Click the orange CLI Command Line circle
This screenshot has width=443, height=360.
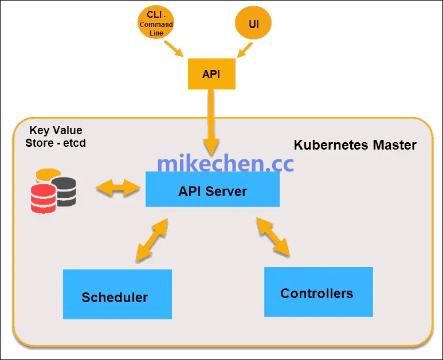pos(156,25)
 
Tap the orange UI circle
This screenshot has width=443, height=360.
pos(253,25)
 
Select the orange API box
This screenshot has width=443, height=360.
pos(211,74)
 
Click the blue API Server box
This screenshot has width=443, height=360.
pos(213,190)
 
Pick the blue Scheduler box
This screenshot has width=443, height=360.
pos(117,294)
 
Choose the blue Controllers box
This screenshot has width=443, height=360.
pos(318,292)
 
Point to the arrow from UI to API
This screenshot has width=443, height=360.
pos(244,50)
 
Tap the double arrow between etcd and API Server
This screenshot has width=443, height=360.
pos(119,187)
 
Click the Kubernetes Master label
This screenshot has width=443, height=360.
pos(355,145)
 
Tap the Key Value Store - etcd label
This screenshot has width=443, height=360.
pos(56,136)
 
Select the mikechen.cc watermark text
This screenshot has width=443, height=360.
pos(225,163)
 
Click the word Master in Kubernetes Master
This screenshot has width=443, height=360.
pos(394,145)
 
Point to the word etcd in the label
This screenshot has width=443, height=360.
pos(73,143)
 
